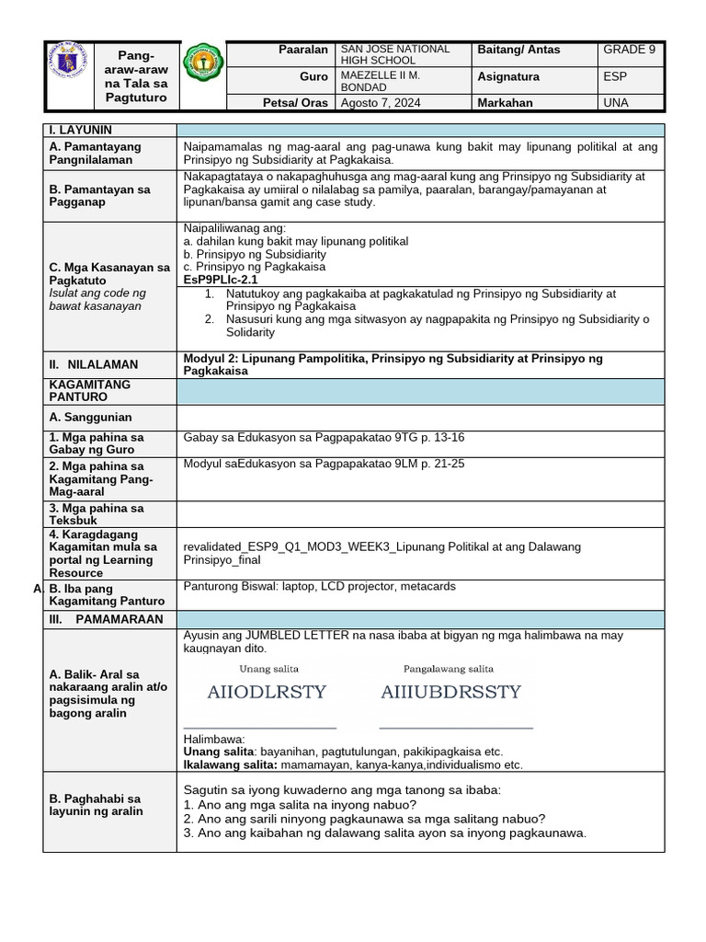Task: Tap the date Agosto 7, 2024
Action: coord(380,103)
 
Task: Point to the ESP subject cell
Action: coord(615,77)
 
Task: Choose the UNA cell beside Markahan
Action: coord(615,103)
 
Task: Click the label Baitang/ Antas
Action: coord(518,50)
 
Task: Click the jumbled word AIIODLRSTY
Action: coord(268,693)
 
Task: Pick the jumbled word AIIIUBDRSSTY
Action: coord(450,693)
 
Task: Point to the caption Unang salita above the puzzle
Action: coord(268,669)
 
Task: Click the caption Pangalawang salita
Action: coord(449,669)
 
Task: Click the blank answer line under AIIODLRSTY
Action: coord(260,727)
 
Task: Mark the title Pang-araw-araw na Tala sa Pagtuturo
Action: coord(137,76)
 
